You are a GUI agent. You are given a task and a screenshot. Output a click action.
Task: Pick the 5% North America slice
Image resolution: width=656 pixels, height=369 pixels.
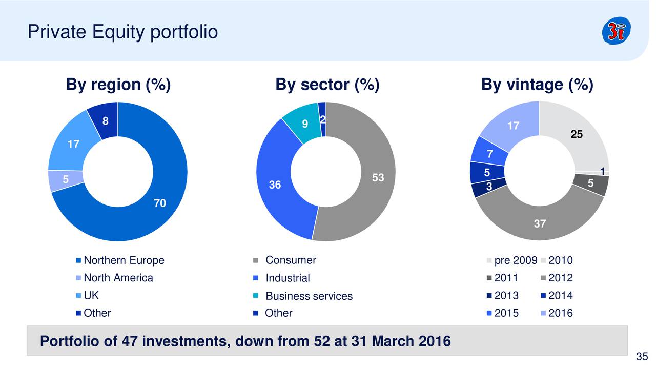tap(66, 180)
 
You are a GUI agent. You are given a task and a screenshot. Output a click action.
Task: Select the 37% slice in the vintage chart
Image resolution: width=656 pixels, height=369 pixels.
tap(540, 223)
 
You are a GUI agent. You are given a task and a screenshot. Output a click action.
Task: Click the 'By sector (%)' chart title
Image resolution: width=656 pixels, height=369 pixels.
tap(327, 85)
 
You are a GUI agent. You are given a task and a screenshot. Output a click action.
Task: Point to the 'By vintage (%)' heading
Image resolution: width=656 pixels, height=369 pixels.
tap(537, 85)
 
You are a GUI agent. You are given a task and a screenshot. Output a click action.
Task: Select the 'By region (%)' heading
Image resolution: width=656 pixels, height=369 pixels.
tap(118, 85)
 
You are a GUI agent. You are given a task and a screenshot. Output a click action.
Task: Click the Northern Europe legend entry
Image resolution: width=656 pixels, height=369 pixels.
tap(124, 260)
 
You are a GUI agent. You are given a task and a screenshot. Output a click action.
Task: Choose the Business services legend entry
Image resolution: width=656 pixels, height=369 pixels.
tap(309, 296)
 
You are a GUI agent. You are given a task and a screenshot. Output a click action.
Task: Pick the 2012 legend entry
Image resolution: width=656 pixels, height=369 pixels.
tap(560, 278)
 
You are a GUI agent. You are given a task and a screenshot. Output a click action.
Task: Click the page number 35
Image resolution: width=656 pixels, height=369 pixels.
tap(642, 357)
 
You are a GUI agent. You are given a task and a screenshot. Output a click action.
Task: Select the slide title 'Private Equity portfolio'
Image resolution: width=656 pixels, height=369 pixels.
tap(123, 32)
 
